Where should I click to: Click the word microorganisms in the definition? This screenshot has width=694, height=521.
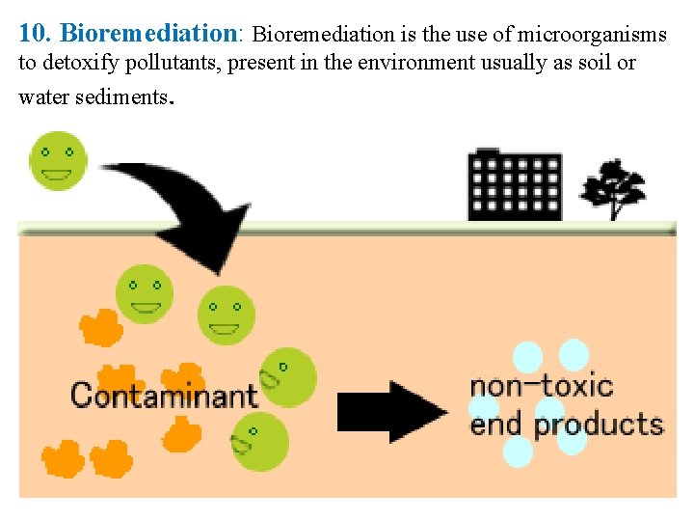(592, 35)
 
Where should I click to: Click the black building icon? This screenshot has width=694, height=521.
(514, 185)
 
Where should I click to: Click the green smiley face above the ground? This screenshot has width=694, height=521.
(58, 160)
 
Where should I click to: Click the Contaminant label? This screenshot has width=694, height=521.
(164, 395)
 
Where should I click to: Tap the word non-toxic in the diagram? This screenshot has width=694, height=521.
(541, 386)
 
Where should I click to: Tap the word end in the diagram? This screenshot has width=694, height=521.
(497, 424)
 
